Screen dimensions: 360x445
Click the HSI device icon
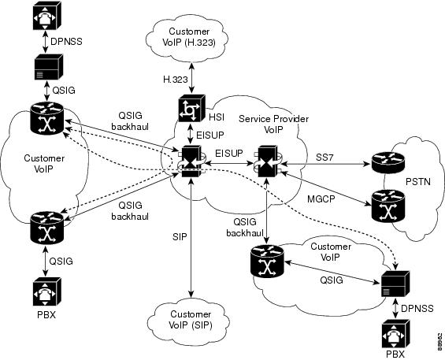point(190,108)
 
